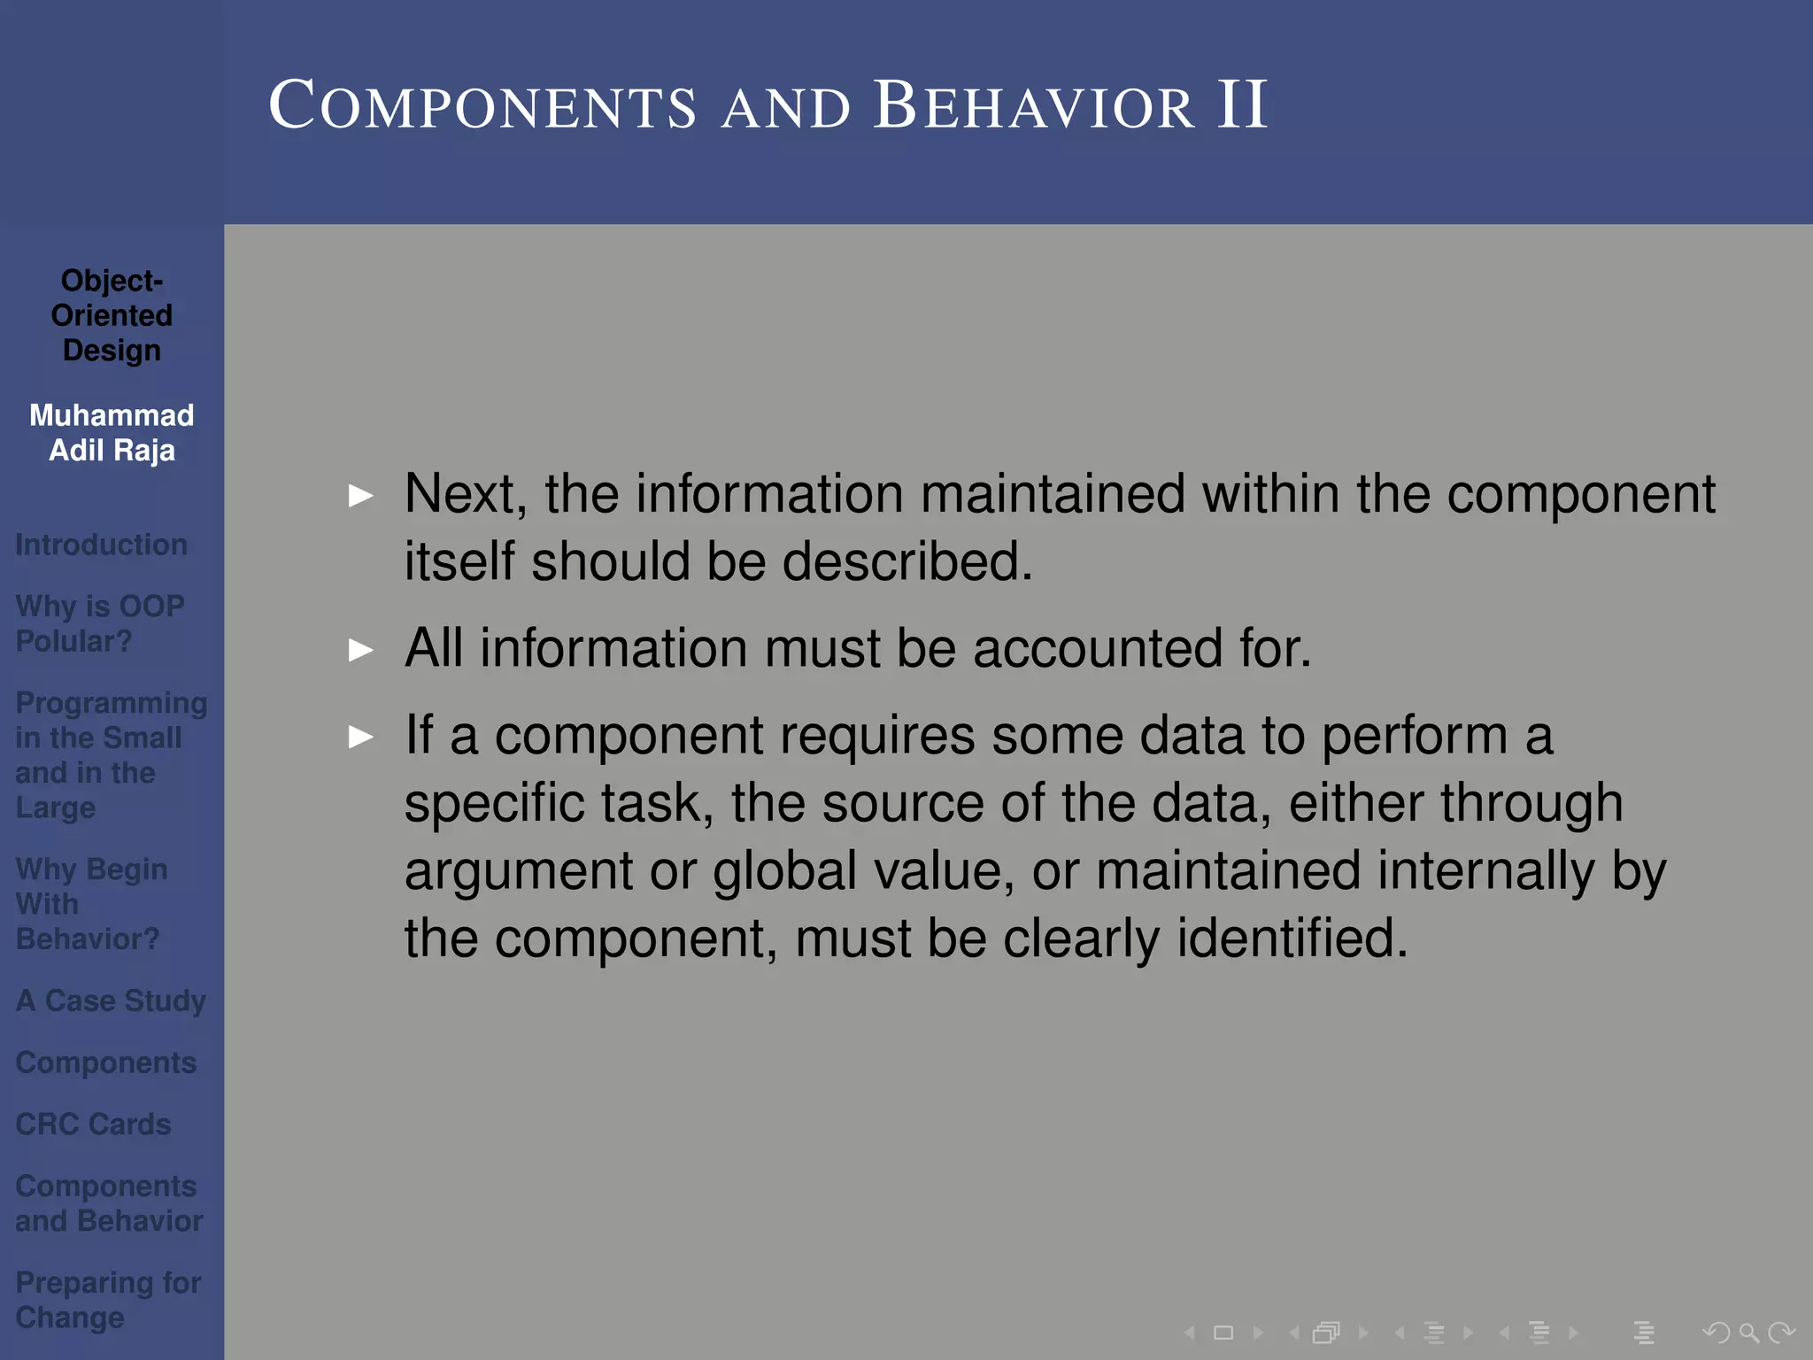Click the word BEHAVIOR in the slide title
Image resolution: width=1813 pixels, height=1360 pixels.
pyautogui.click(x=1033, y=106)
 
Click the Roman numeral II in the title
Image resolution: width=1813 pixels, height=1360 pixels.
pyautogui.click(x=1242, y=106)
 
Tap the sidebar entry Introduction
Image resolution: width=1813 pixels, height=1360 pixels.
pyautogui.click(x=101, y=545)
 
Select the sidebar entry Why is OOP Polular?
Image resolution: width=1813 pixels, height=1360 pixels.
pyautogui.click(x=99, y=623)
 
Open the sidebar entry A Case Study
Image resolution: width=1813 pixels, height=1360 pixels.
pyautogui.click(x=111, y=1001)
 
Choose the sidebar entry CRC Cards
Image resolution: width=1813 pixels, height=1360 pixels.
pyautogui.click(x=93, y=1124)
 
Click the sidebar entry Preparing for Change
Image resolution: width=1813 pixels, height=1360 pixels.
pyautogui.click(x=107, y=1300)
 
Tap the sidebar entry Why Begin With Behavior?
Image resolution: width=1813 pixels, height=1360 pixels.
pyautogui.click(x=90, y=904)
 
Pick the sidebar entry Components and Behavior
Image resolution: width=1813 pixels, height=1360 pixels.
pyautogui.click(x=108, y=1203)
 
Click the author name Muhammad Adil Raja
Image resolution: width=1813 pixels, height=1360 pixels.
pyautogui.click(x=112, y=433)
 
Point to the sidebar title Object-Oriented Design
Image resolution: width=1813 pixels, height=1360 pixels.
pyautogui.click(x=112, y=315)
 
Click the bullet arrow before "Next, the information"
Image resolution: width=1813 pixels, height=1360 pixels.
pyautogui.click(x=360, y=496)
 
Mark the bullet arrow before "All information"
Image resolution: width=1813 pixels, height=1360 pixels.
pyautogui.click(x=360, y=651)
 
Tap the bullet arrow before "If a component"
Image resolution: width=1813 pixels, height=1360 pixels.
pyautogui.click(x=360, y=737)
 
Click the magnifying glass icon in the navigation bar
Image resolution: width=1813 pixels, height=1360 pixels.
pyautogui.click(x=1748, y=1333)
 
